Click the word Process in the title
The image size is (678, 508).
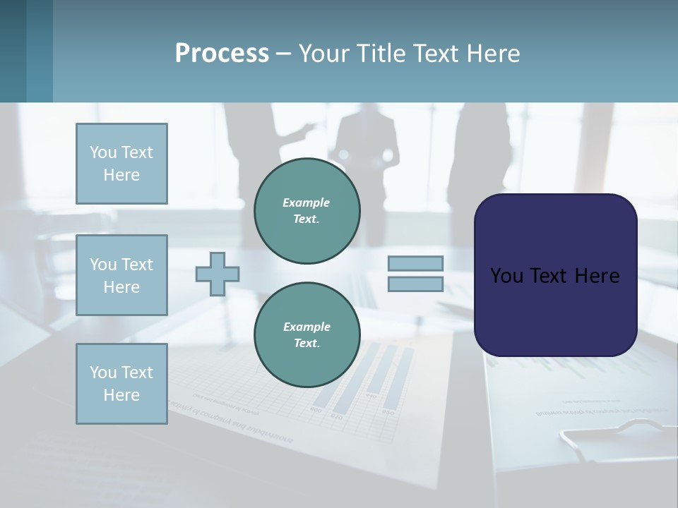[x=222, y=54]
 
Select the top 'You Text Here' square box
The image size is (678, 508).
[x=121, y=164]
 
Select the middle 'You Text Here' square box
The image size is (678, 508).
[x=121, y=275]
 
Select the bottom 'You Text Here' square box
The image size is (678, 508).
[x=121, y=384]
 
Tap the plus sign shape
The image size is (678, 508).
[x=218, y=274]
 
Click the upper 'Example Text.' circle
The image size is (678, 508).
[x=307, y=210]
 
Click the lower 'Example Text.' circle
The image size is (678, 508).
[x=307, y=335]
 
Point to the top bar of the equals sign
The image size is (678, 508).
[x=415, y=263]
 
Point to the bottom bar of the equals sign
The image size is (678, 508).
[x=415, y=284]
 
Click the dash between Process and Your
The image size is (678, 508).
[x=284, y=54]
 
